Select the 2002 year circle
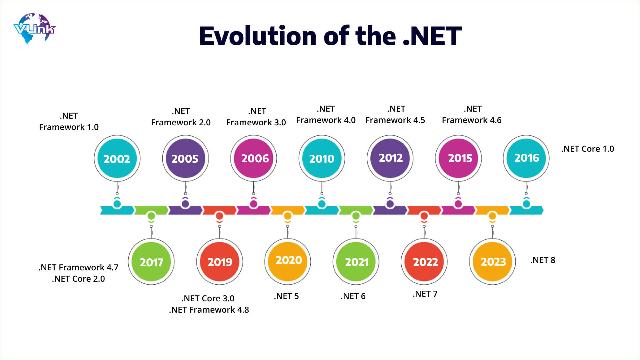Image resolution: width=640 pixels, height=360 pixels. pyautogui.click(x=117, y=159)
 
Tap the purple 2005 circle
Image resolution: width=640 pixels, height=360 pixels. pyautogui.click(x=185, y=159)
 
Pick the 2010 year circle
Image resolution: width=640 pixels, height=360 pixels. pyautogui.click(x=322, y=159)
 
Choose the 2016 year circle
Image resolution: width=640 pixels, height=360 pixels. pyautogui.click(x=526, y=158)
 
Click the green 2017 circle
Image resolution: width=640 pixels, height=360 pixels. pyautogui.click(x=151, y=262)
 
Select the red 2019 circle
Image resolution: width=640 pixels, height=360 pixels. pyautogui.click(x=220, y=262)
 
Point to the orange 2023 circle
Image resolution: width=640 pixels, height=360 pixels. pyautogui.click(x=493, y=262)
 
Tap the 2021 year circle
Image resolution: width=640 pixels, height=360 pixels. pyautogui.click(x=356, y=262)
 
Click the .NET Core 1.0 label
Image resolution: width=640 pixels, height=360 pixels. pyautogui.click(x=587, y=149)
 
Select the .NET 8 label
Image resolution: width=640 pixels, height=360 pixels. pyautogui.click(x=543, y=260)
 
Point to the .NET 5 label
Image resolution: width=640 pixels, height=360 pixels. pyautogui.click(x=286, y=296)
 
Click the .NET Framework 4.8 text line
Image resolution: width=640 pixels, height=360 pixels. pyautogui.click(x=209, y=310)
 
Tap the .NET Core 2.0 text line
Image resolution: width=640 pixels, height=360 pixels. pyautogui.click(x=78, y=279)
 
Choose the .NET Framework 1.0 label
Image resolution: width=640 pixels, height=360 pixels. pyautogui.click(x=69, y=122)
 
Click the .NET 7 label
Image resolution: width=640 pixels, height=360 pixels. pyautogui.click(x=425, y=294)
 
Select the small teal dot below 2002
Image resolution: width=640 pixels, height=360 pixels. pyautogui.click(x=117, y=204)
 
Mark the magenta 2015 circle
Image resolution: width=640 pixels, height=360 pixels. pyautogui.click(x=458, y=159)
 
